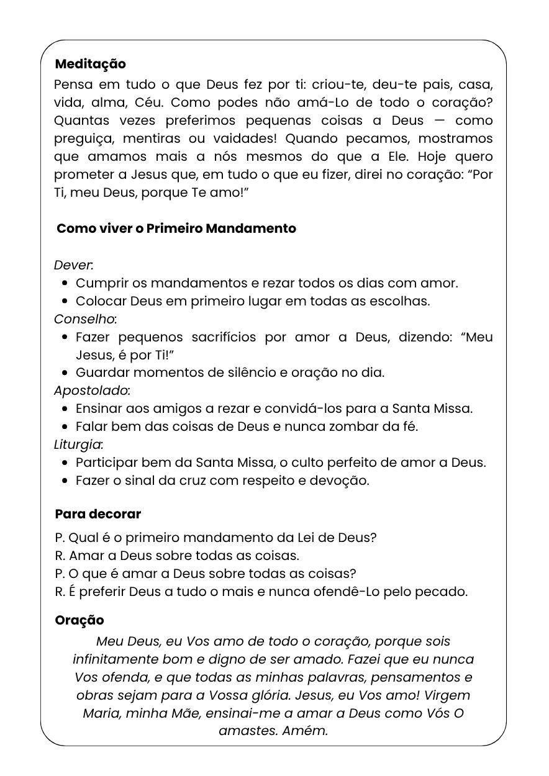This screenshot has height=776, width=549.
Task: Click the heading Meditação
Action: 90,64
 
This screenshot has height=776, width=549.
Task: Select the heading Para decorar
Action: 98,514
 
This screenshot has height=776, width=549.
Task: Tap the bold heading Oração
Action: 79,620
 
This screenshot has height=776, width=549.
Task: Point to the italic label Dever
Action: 73,265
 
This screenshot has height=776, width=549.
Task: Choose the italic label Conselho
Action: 84,319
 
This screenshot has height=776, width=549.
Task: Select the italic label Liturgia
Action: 78,444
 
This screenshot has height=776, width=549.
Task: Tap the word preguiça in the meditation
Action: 83,138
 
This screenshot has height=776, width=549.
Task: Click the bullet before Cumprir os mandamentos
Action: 65,284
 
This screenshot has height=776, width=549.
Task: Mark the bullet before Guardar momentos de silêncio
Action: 65,373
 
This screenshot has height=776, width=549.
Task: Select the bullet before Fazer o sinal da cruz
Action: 65,481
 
